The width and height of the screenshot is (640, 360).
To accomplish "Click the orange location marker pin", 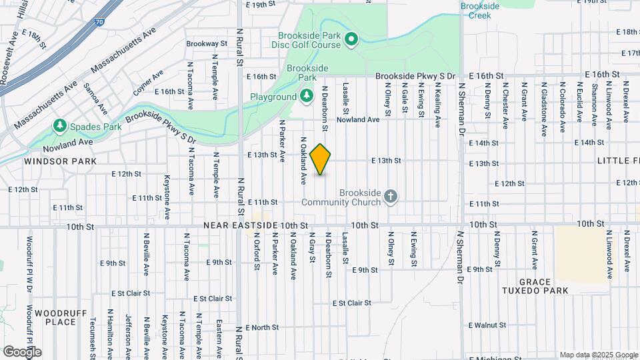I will (321, 159).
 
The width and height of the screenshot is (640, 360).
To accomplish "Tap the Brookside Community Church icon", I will (391, 196).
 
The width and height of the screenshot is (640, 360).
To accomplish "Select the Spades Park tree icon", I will (60, 125).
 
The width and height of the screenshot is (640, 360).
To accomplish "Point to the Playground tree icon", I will (306, 97).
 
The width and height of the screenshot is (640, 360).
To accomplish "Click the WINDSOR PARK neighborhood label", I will (51, 161).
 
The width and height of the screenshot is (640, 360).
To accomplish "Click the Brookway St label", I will (207, 43).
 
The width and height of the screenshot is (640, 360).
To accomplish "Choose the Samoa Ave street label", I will (95, 99).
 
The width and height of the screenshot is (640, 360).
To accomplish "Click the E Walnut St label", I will (488, 325).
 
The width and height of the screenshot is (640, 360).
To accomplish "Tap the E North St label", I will (262, 327).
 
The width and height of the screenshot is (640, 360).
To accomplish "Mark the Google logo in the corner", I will (22, 351).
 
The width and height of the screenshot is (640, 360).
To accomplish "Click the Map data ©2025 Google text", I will (599, 355).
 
